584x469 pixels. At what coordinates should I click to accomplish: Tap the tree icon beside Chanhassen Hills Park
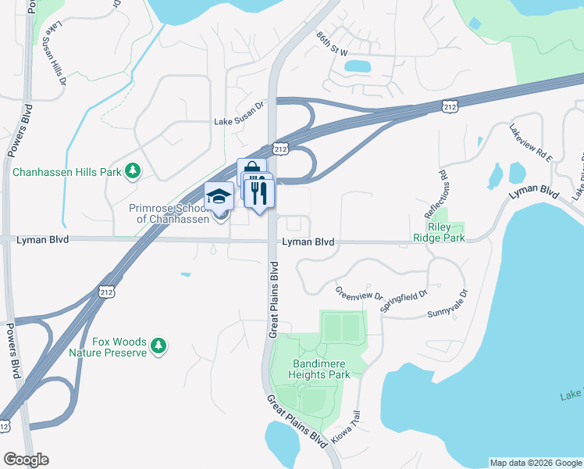click(134, 170)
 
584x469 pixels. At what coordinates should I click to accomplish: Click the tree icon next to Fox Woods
click(158, 345)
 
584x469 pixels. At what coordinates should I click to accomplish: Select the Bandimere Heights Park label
click(321, 369)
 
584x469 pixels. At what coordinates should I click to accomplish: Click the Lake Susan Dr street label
click(240, 122)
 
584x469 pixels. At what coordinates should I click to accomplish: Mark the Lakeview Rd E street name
click(531, 143)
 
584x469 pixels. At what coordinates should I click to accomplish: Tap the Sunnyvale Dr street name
click(447, 304)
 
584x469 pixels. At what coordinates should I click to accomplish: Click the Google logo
click(26, 460)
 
